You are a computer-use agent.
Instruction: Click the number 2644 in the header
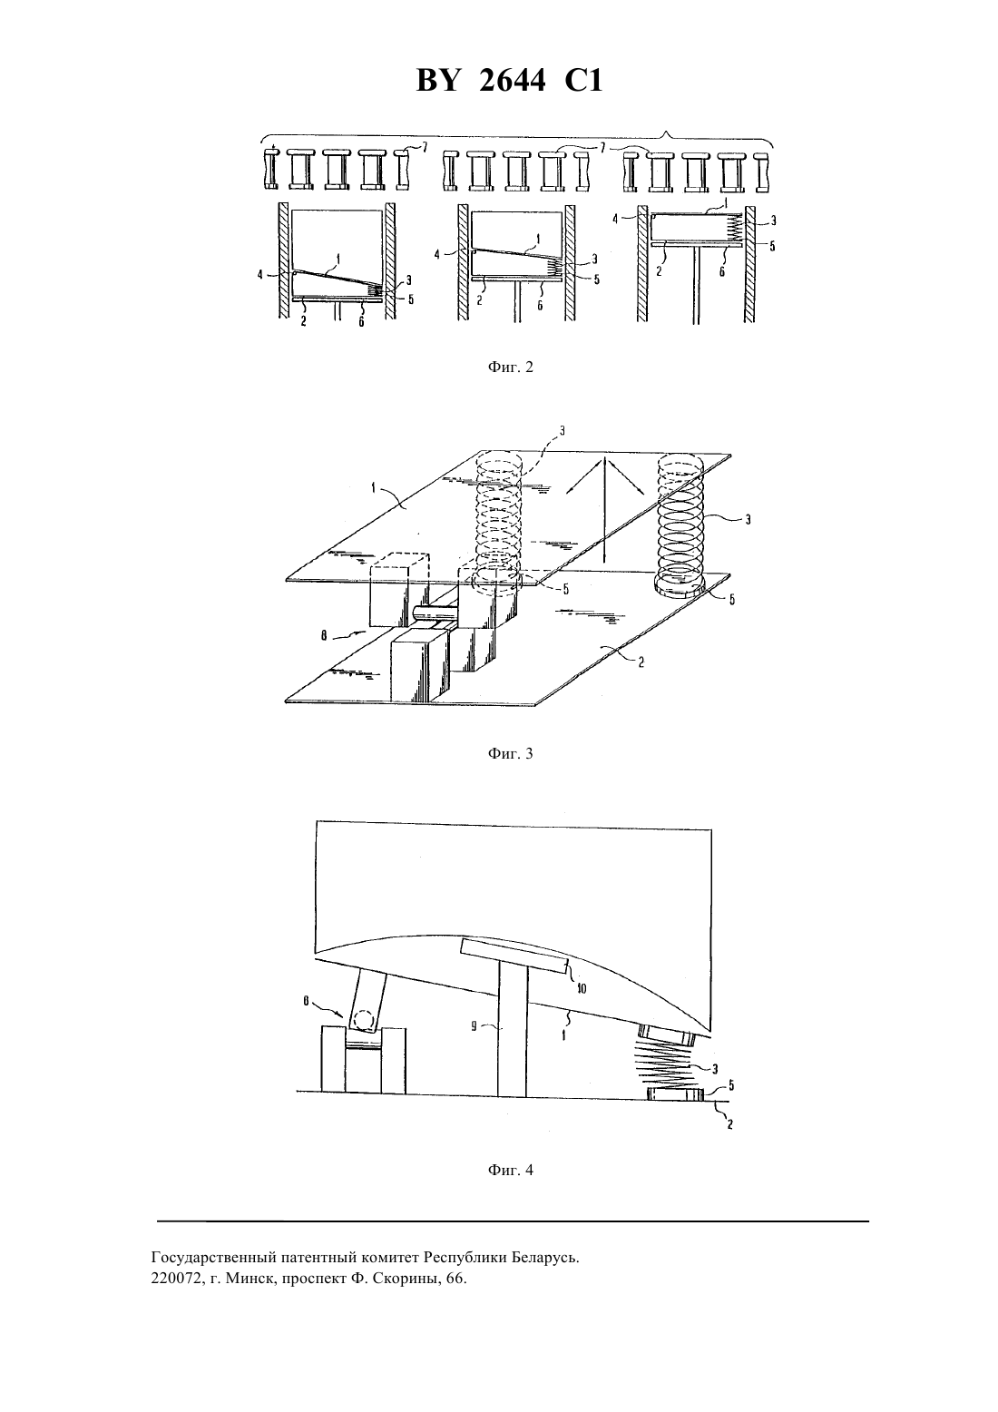[x=512, y=82]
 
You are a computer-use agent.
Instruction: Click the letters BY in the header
[x=437, y=82]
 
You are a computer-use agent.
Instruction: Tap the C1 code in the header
[x=583, y=82]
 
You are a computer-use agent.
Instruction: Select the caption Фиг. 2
[x=510, y=367]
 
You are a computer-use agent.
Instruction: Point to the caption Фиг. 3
[x=510, y=753]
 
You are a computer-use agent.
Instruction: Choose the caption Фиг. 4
[x=510, y=1170]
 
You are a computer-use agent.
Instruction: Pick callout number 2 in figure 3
[x=641, y=662]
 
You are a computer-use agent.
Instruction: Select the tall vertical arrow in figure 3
[x=603, y=509]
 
